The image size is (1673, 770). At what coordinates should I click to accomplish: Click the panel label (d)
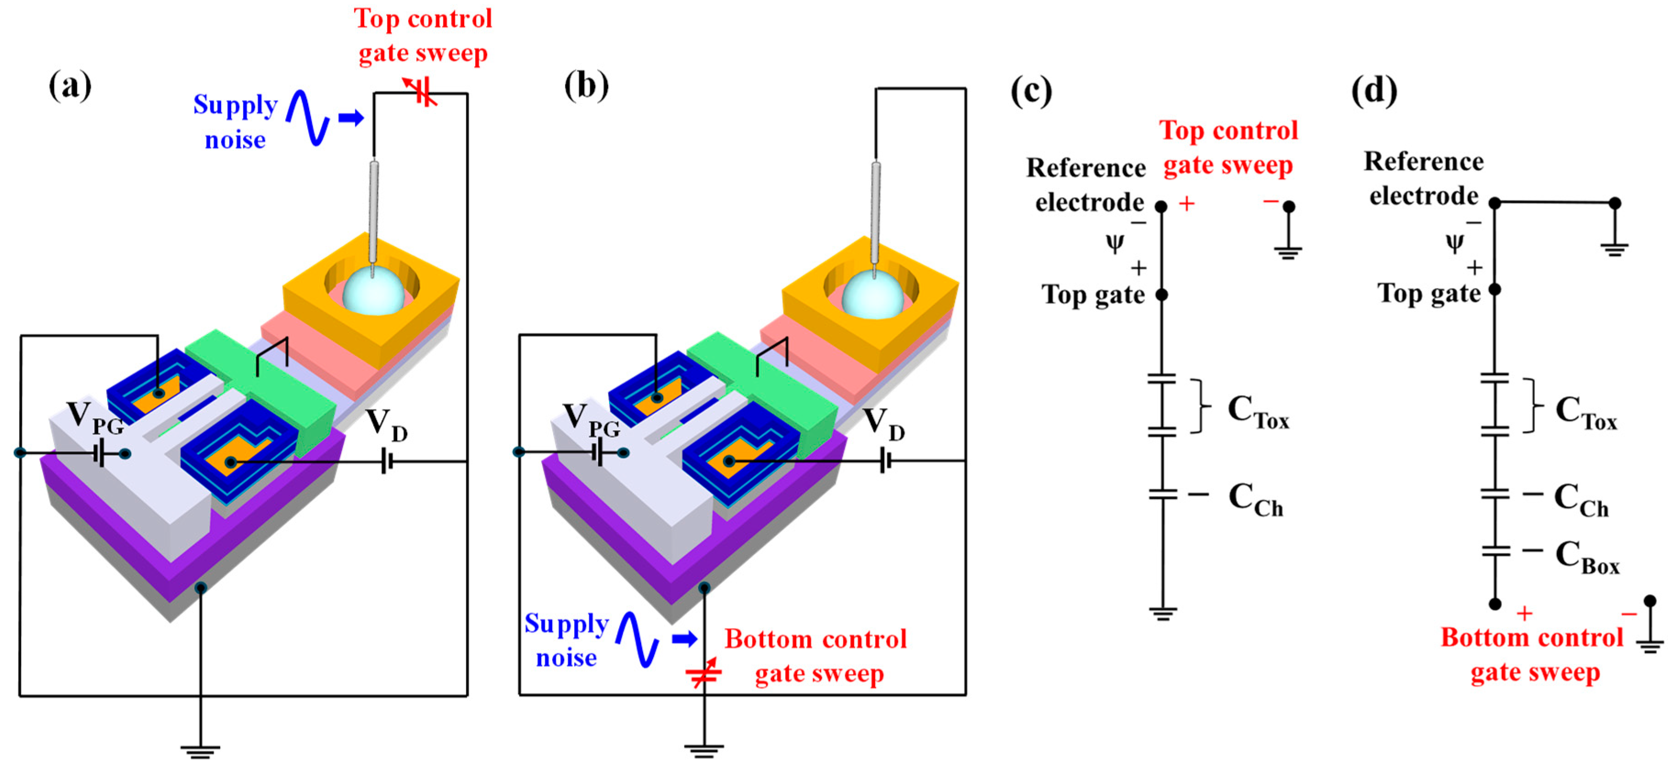[x=1374, y=91]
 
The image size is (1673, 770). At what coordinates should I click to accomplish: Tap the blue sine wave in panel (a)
[x=309, y=117]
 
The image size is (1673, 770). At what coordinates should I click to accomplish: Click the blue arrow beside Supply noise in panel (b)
[x=685, y=639]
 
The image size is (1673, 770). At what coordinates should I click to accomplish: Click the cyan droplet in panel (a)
[x=373, y=292]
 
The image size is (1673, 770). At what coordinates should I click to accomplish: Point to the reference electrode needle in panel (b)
[x=875, y=208]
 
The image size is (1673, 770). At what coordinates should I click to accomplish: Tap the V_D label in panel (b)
[x=883, y=424]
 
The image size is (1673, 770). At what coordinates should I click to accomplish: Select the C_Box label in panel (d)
[x=1587, y=558]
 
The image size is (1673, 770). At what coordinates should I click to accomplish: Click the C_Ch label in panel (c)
[x=1255, y=500]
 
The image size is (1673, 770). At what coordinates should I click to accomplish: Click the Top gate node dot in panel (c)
[x=1162, y=295]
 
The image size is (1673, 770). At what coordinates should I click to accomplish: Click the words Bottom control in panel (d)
[x=1531, y=638]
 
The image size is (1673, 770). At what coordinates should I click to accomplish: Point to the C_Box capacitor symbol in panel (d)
[x=1495, y=550]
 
